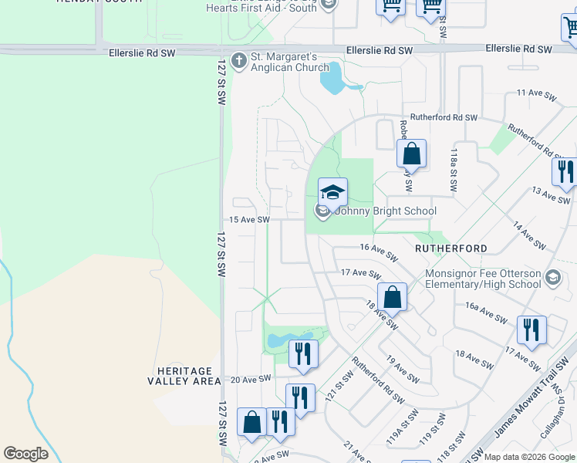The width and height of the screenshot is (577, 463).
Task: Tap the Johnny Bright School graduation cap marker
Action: click(x=332, y=192)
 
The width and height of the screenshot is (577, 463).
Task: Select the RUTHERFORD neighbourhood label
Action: click(x=451, y=248)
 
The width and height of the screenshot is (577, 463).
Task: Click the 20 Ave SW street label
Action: click(x=251, y=379)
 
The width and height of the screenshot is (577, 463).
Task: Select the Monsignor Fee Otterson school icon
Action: click(x=552, y=277)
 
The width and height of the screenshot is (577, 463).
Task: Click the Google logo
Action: click(x=25, y=454)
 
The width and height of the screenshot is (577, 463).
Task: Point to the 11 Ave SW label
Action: click(x=536, y=93)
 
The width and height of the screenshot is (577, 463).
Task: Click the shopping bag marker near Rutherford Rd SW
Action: click(x=412, y=153)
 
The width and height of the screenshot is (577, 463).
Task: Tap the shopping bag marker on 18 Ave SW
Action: click(x=393, y=296)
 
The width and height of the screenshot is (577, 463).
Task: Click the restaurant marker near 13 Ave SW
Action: click(x=566, y=171)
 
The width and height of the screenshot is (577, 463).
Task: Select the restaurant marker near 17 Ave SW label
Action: click(x=531, y=330)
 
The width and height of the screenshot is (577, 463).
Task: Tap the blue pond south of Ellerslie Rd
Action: click(x=332, y=78)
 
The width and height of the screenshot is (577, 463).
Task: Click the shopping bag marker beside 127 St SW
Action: click(x=251, y=422)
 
